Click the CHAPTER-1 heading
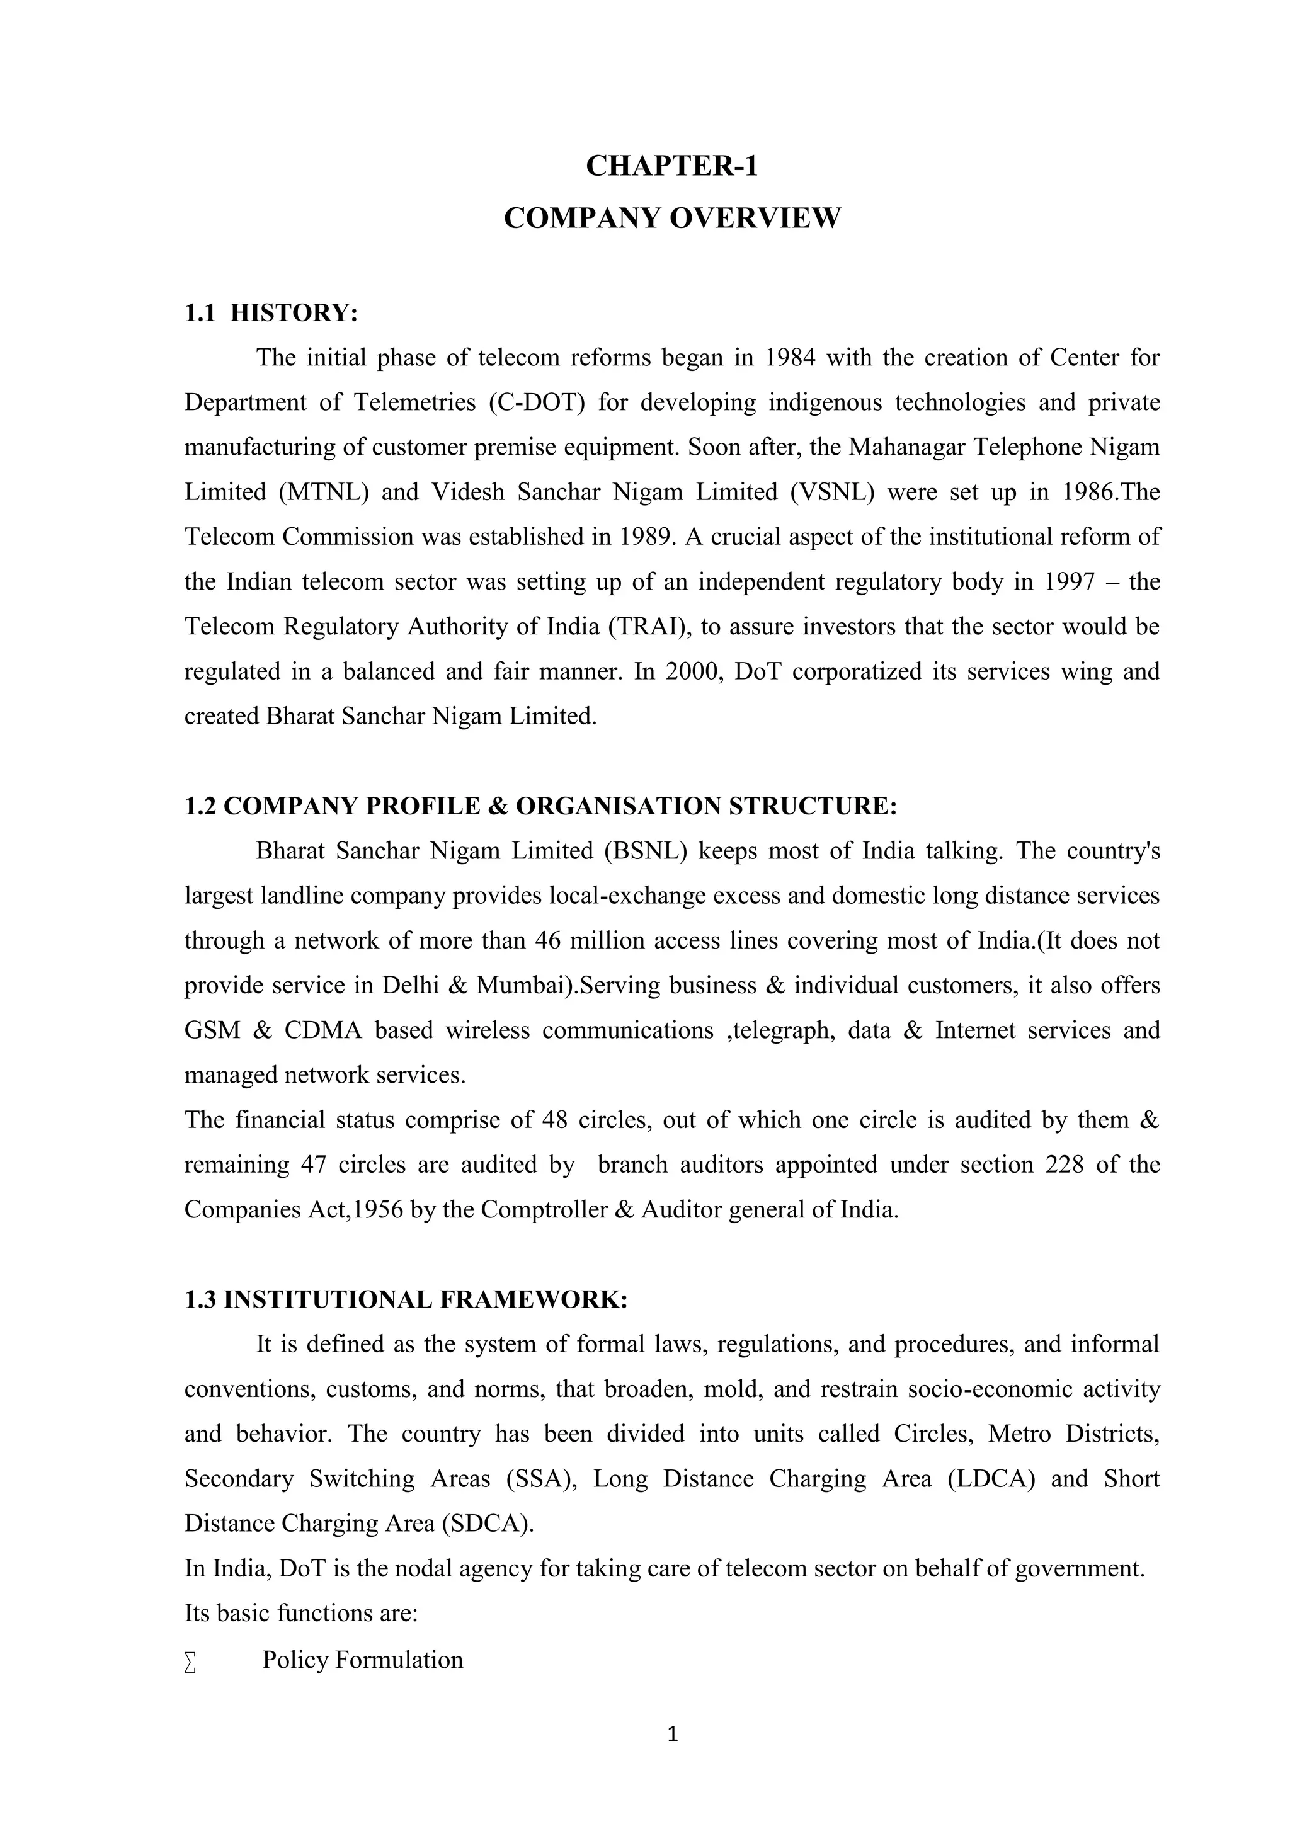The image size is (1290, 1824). pyautogui.click(x=671, y=166)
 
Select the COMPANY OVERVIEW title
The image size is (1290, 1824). pyautogui.click(x=671, y=218)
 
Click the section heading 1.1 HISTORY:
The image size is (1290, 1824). pyautogui.click(x=271, y=313)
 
